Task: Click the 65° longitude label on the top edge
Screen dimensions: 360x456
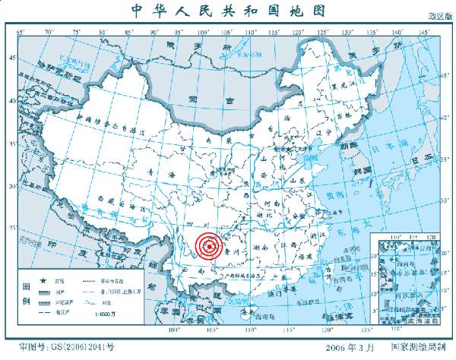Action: click(21, 31)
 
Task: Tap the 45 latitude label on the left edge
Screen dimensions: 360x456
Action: click(11, 58)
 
